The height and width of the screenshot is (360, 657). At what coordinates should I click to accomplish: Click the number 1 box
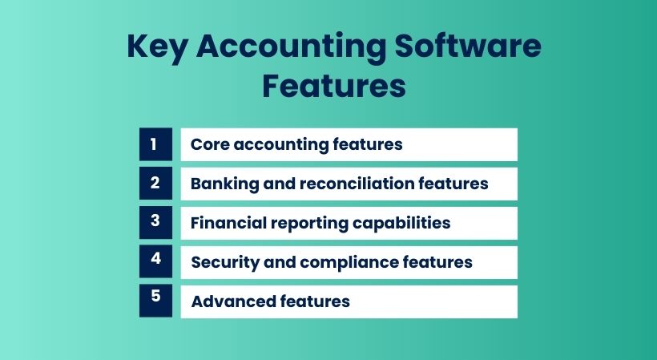[x=155, y=144]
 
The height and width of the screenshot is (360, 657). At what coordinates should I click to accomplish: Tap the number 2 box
[x=155, y=184]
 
